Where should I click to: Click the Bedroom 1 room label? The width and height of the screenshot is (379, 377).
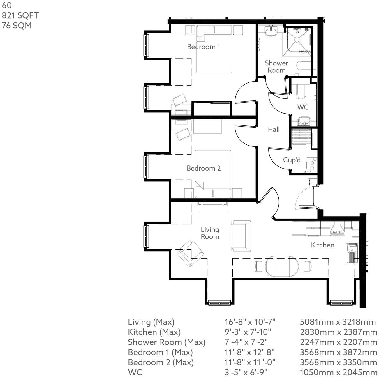[x=204, y=47]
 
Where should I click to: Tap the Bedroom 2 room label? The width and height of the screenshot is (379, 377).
[x=204, y=168]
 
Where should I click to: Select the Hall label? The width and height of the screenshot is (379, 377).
[x=274, y=129]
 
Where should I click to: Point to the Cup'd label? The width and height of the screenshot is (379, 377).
[x=292, y=160]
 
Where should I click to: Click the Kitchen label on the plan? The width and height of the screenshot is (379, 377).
[x=322, y=245]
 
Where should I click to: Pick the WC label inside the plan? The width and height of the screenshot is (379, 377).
[x=302, y=107]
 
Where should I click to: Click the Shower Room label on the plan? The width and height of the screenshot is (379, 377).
[x=276, y=67]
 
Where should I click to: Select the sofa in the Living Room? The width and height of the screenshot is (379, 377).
[x=241, y=236]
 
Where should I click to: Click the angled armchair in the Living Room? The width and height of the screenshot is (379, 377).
[x=189, y=253]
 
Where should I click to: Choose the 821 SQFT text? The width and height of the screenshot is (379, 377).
[x=20, y=15]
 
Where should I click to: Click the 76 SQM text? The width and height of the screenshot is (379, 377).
[x=17, y=26]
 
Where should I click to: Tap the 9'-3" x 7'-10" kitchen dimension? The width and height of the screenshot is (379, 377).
[x=248, y=332]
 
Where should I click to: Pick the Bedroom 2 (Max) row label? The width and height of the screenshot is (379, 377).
[x=161, y=362]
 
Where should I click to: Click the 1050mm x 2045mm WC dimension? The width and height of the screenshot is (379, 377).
[x=338, y=373]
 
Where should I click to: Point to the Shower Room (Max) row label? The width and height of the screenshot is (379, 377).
[x=167, y=342]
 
